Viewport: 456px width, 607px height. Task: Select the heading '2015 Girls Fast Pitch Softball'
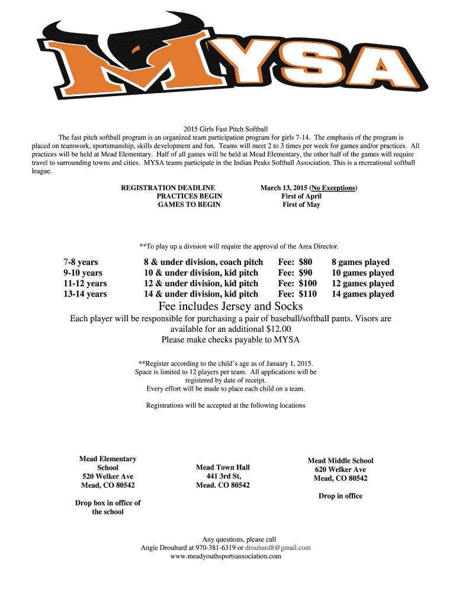point(226,129)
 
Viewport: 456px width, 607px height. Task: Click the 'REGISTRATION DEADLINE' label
point(168,188)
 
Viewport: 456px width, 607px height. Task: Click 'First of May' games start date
point(301,205)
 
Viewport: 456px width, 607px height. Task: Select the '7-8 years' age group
point(81,262)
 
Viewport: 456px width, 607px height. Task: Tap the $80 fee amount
point(306,262)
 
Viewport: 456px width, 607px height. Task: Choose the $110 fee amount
point(308,294)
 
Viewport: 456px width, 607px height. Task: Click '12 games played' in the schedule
point(362,283)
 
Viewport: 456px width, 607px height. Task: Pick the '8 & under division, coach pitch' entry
point(203,262)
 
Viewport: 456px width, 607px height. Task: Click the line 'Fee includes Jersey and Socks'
point(230,306)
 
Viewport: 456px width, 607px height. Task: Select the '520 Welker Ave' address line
point(108,477)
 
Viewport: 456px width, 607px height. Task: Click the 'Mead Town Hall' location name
point(223,468)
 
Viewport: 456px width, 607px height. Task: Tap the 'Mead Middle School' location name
point(341,461)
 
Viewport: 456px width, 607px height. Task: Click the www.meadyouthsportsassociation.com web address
point(226,557)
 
